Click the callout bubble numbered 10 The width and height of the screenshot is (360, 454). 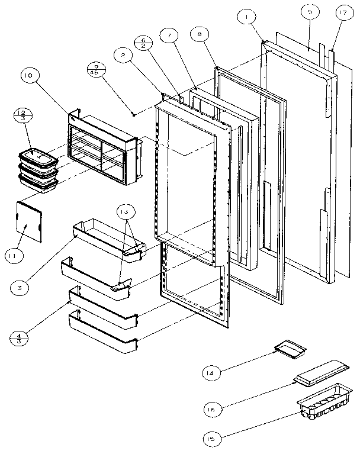click(x=29, y=76)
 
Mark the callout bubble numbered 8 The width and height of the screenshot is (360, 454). click(x=200, y=35)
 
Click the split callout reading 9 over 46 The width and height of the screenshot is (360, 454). click(x=95, y=69)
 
